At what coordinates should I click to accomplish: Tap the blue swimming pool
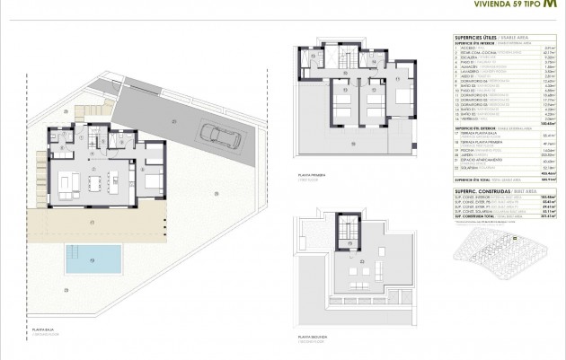(93, 259)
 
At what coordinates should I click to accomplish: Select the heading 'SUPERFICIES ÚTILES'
(473, 36)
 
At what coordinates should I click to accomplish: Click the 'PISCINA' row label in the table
(467, 152)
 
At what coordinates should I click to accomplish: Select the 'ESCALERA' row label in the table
(468, 58)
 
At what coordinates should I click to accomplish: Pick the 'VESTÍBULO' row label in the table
(469, 118)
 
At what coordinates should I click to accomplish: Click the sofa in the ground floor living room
(67, 185)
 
